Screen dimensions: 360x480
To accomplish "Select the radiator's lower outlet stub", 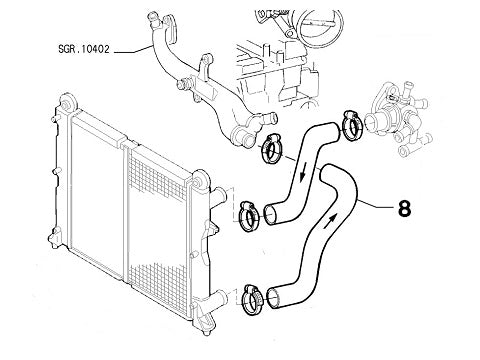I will [220, 296].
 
